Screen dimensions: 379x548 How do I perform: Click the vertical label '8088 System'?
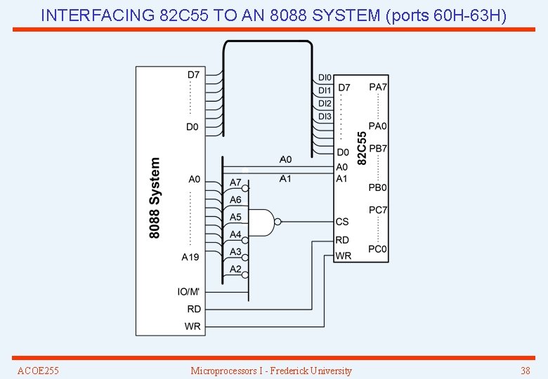point(155,197)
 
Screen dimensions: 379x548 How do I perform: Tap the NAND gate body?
point(262,222)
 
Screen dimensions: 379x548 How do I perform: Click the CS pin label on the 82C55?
point(342,222)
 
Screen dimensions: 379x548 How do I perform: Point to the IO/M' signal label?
point(188,292)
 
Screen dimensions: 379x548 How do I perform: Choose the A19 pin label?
point(190,258)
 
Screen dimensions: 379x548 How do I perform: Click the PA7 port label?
point(378,87)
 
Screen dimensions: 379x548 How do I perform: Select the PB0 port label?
point(378,188)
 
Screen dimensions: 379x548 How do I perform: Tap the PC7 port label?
point(378,210)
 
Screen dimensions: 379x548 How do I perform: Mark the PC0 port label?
point(378,249)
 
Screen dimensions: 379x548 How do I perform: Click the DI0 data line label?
point(324,78)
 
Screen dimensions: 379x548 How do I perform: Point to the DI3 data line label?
point(325,116)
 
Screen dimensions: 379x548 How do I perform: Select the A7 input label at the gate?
point(235,182)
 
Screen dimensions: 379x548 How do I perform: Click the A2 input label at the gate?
point(235,270)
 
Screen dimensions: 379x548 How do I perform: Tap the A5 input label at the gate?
point(235,218)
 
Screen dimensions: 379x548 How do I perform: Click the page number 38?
point(525,371)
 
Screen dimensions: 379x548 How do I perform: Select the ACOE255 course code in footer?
point(38,371)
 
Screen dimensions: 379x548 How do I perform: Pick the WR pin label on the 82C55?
point(343,256)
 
